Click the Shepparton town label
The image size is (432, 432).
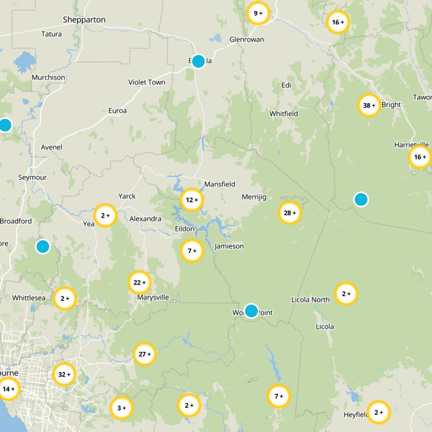(84, 20)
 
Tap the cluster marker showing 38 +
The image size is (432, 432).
(369, 105)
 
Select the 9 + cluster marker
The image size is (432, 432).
(258, 13)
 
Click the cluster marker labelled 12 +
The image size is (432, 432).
(192, 200)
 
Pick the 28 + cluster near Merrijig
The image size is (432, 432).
(290, 213)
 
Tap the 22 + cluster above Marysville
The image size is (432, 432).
(139, 282)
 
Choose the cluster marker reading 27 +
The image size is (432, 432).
(145, 354)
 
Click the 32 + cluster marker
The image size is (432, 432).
(64, 374)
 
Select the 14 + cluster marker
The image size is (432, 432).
(9, 388)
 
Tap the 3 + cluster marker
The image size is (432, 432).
(121, 408)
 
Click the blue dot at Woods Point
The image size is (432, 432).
(251, 310)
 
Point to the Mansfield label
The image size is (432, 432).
(220, 184)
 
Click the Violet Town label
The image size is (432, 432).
(147, 82)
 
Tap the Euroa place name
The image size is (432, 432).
(117, 111)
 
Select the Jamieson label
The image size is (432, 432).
(229, 246)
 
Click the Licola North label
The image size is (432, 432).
(310, 300)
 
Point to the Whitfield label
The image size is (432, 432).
(283, 114)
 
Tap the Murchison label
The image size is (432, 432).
(48, 77)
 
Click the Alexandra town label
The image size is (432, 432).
(145, 219)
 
